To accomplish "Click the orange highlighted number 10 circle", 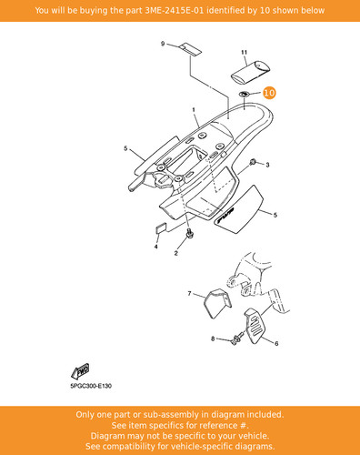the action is tap(269, 93).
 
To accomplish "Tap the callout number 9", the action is tap(163, 44).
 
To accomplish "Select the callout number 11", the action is tap(245, 52).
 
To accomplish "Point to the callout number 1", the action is tap(194, 110).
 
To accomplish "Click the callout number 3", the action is tap(267, 165).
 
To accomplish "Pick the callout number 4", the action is tap(155, 247).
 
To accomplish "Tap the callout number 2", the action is tap(176, 253).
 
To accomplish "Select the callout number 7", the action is tap(189, 293).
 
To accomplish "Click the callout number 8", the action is tap(213, 339).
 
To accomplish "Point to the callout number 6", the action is tap(276, 343).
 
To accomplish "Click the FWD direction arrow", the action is tap(80, 371).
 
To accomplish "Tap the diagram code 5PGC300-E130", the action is tap(91, 386).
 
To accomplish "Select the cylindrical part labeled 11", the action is tap(251, 72).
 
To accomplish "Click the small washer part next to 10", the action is tap(244, 94).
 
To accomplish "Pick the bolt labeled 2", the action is tap(190, 234).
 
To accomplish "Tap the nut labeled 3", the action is tap(252, 163).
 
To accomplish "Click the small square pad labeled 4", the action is tap(161, 228).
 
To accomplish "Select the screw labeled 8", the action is tap(237, 339).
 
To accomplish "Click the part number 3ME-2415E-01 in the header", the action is tap(175, 10).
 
